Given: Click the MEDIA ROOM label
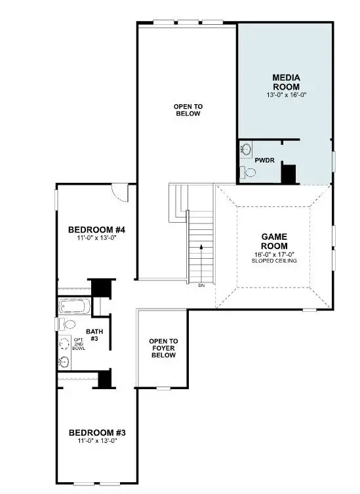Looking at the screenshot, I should coord(286,82).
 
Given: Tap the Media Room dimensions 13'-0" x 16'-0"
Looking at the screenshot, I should coord(286,95).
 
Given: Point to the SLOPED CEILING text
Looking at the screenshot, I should coord(275,261).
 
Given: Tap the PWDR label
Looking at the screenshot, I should coord(264,159).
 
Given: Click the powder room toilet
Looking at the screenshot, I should coord(247,172).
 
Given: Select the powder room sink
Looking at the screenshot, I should coord(245,149).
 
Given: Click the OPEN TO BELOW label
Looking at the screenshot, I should coord(187,109).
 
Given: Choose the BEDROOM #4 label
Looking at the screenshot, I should coord(96,230).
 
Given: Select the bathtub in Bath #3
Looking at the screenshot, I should coord(74,306).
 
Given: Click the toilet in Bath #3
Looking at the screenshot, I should coord(69,324).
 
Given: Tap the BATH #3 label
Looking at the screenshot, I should coord(93,335).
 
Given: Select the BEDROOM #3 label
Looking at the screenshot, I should coord(96,432).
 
